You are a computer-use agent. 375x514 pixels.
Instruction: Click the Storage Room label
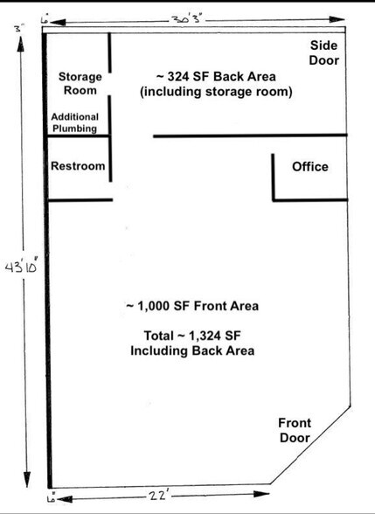(80, 83)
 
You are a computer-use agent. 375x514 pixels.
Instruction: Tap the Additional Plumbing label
(74, 122)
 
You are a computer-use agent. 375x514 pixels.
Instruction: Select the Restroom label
(77, 166)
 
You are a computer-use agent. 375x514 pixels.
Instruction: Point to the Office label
(309, 167)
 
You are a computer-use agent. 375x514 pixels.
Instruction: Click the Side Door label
(323, 52)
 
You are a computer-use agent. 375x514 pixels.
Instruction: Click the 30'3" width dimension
(187, 17)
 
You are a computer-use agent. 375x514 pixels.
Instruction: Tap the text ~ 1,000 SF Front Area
(193, 306)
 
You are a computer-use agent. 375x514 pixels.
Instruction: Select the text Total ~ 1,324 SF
(193, 337)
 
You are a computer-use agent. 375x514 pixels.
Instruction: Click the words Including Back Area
(192, 351)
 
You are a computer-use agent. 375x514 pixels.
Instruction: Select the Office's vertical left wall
(273, 177)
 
